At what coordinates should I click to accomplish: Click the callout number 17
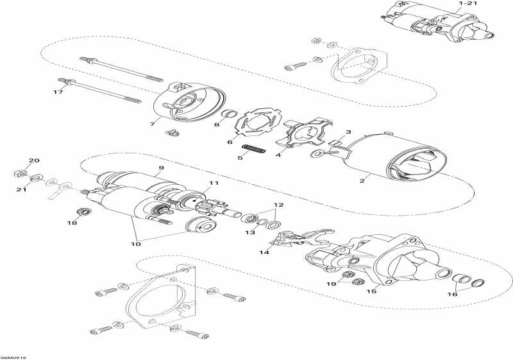click(58, 92)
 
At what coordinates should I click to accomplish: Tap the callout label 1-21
click(467, 4)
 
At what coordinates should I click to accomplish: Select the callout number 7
click(153, 123)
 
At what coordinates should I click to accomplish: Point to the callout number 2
click(362, 181)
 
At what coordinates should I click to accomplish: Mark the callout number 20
click(34, 160)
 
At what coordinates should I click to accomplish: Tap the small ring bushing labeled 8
click(226, 115)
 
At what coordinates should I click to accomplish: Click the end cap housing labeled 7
click(190, 102)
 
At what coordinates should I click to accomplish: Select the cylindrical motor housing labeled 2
click(391, 154)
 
